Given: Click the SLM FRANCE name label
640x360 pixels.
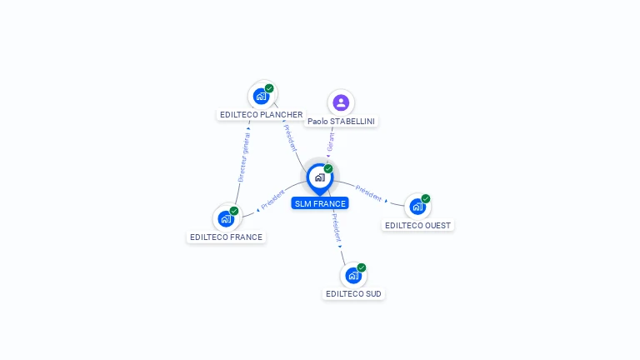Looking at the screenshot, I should click(x=320, y=203).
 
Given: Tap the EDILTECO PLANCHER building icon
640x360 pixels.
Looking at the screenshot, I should click(x=262, y=96).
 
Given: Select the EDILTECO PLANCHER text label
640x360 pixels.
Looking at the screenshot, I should click(x=261, y=115).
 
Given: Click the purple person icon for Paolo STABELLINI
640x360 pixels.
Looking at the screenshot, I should click(x=340, y=102).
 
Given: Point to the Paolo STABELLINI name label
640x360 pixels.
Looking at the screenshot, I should click(x=341, y=122).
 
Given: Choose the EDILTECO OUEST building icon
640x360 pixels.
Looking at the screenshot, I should click(x=417, y=207).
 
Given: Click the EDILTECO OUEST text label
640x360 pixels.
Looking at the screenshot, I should click(x=417, y=225).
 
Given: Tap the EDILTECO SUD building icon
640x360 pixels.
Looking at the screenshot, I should click(x=353, y=275).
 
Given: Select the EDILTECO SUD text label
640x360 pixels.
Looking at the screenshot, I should click(x=354, y=293).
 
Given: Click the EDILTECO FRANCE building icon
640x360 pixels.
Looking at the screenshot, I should click(x=226, y=218).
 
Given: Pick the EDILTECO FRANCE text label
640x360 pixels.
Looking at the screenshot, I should click(x=226, y=237).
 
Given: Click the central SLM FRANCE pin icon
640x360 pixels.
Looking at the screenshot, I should click(x=319, y=177).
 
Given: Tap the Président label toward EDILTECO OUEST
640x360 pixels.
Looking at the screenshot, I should click(x=368, y=193).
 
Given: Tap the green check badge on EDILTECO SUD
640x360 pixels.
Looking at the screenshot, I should click(x=362, y=267).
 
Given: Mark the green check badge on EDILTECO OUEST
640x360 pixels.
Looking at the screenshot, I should click(x=426, y=199).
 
